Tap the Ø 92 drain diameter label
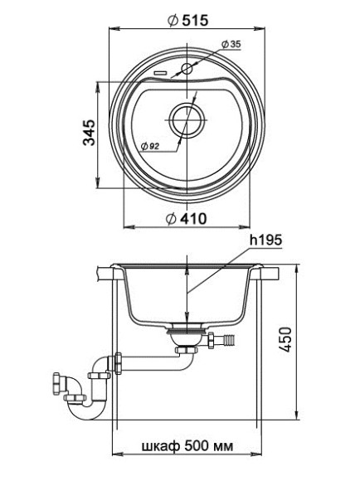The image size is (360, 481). [x=151, y=147]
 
